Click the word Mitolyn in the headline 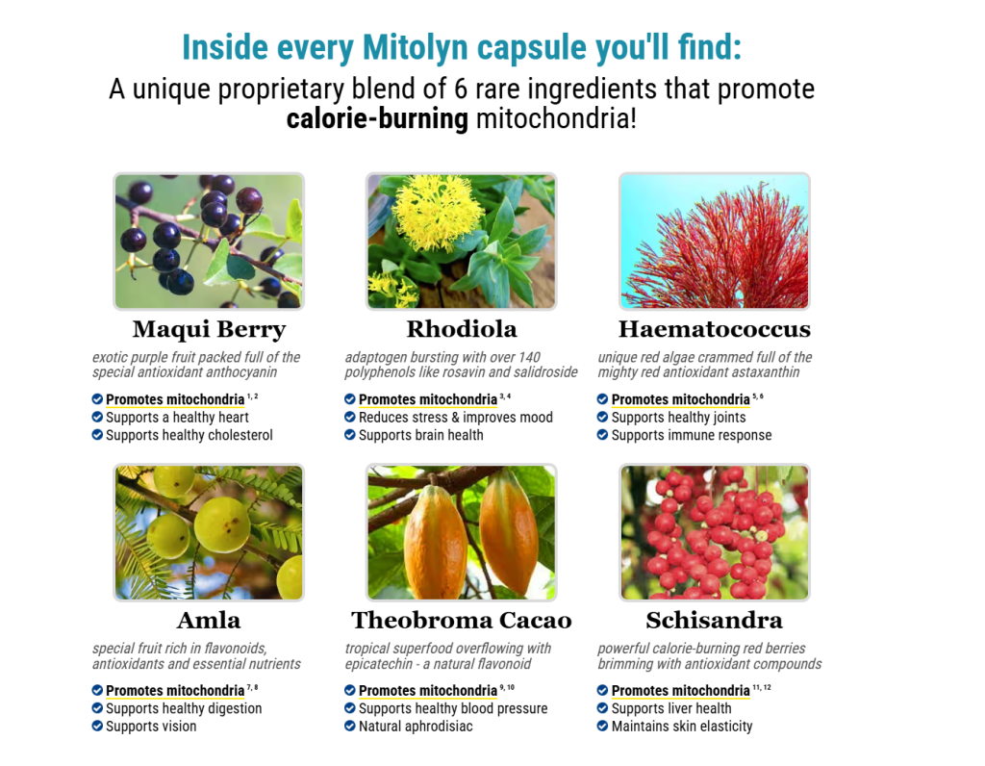click(x=416, y=48)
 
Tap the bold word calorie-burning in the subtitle click(x=377, y=118)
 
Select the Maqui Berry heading click(x=209, y=329)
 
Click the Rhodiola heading click(x=462, y=329)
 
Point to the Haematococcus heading click(x=715, y=329)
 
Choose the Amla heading click(x=209, y=621)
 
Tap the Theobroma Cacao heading click(x=462, y=621)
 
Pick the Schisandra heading click(x=715, y=621)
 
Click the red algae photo click(x=715, y=242)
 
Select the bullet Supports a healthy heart click(x=177, y=418)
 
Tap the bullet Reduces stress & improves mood click(x=455, y=418)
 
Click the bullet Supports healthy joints click(x=678, y=418)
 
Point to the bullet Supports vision click(x=151, y=727)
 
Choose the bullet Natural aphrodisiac click(x=416, y=727)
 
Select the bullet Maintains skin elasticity click(x=682, y=727)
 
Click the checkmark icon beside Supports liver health click(x=602, y=708)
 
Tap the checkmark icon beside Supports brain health click(x=349, y=435)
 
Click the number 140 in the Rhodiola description click(x=529, y=357)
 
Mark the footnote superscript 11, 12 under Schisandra click(x=762, y=687)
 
